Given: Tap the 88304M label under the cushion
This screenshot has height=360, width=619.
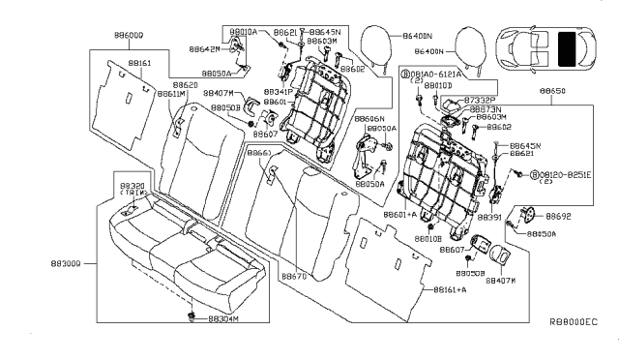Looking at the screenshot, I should coord(221,318).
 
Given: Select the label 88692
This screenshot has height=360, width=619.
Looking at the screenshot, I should coord(560,218).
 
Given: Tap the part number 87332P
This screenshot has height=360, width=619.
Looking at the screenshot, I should coord(480,100).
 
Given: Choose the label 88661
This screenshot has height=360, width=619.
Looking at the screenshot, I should coord(258,153).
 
